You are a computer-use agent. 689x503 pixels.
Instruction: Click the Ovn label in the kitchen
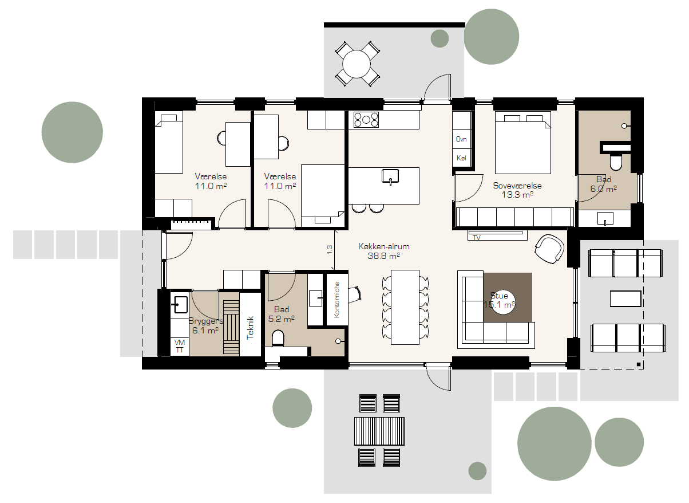pyautogui.click(x=461, y=139)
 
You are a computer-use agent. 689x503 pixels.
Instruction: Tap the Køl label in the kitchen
pyautogui.click(x=461, y=158)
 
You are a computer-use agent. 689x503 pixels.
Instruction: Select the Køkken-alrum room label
pyautogui.click(x=383, y=246)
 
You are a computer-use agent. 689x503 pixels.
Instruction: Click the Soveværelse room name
pyautogui.click(x=517, y=186)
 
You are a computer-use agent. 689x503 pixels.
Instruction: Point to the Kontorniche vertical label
pyautogui.click(x=336, y=300)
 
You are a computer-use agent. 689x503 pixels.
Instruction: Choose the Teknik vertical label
pyautogui.click(x=251, y=328)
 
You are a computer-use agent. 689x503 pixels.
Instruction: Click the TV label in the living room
pyautogui.click(x=477, y=238)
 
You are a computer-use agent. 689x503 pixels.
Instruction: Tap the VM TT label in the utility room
pyautogui.click(x=180, y=346)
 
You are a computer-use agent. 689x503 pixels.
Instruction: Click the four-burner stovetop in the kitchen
pyautogui.click(x=366, y=120)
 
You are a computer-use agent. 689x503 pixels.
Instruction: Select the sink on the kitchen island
pyautogui.click(x=390, y=176)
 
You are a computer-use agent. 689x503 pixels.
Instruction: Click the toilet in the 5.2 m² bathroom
pyautogui.click(x=278, y=338)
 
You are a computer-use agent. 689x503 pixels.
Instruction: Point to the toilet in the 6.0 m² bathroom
pyautogui.click(x=616, y=162)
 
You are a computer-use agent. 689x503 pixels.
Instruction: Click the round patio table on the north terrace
pyautogui.click(x=357, y=64)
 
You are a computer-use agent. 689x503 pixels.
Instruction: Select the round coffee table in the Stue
pyautogui.click(x=503, y=302)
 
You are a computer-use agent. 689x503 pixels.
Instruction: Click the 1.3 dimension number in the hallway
pyautogui.click(x=330, y=250)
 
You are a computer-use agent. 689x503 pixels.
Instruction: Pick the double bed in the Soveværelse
pyautogui.click(x=522, y=143)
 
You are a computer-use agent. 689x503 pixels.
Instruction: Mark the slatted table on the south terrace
pyautogui.click(x=379, y=431)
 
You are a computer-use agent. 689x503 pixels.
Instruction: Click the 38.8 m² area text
pyautogui.click(x=383, y=256)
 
